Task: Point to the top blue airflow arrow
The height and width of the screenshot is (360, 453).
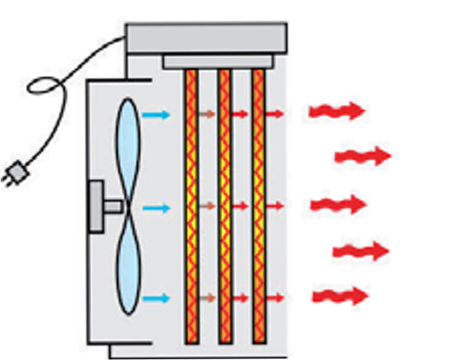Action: [x=156, y=114]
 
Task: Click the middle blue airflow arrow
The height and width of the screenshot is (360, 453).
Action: [x=156, y=207]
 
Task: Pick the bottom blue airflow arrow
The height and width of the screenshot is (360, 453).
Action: [x=156, y=299]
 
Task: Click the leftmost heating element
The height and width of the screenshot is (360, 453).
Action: [x=192, y=207]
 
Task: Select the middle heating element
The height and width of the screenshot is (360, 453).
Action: [x=225, y=207]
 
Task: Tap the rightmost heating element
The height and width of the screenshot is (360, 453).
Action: [x=258, y=207]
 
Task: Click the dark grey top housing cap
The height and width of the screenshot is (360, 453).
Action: [x=206, y=38]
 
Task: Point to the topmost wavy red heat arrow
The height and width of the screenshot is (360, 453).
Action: [x=336, y=111]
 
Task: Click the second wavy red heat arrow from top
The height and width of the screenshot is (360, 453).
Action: [x=362, y=156]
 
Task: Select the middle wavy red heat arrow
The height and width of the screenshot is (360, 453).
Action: [x=338, y=204]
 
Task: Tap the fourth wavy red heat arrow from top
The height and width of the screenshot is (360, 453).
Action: [x=360, y=252]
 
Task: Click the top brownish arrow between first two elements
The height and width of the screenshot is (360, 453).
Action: [x=207, y=114]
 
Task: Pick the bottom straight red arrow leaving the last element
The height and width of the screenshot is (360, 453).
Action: [x=274, y=298]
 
